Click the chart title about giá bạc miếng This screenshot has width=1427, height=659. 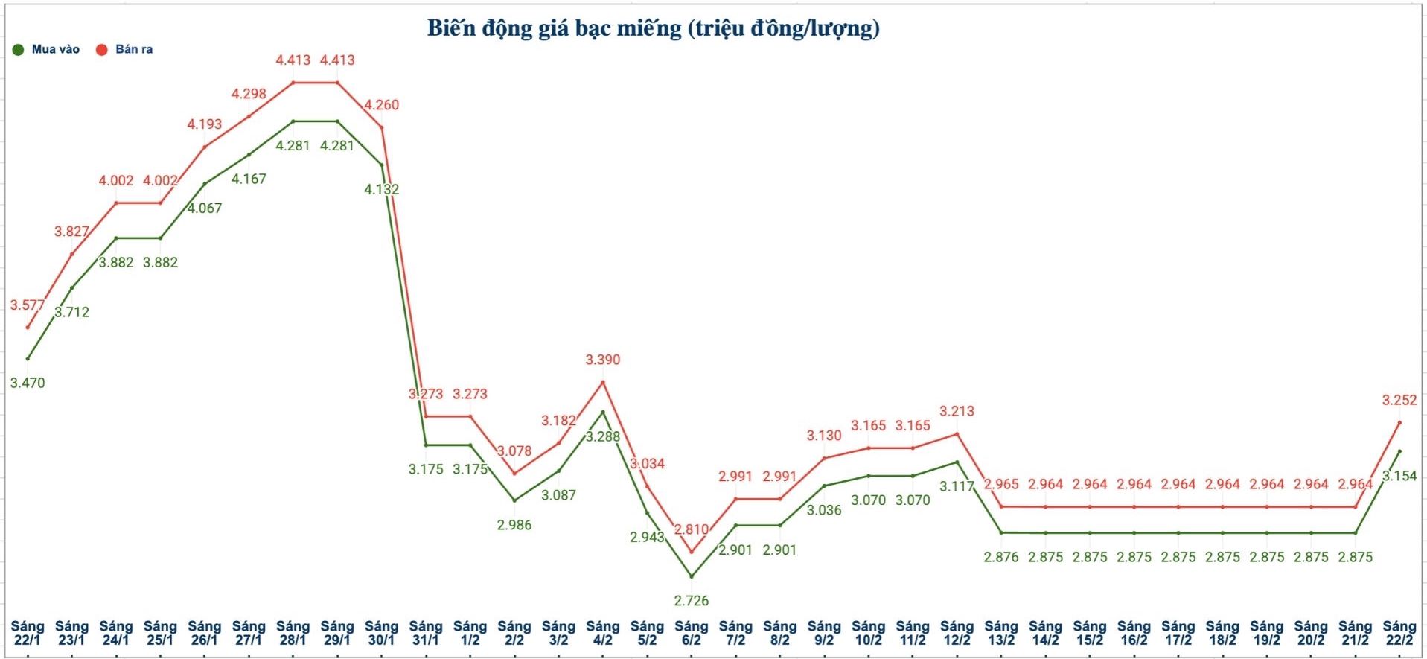pos(653,28)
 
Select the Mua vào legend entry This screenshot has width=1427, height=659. pos(46,50)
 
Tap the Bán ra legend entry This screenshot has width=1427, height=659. pos(125,50)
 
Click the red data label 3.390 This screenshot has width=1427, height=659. pos(602,360)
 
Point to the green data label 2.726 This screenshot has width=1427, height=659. pos(691,601)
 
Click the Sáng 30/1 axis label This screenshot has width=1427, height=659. pos(381,633)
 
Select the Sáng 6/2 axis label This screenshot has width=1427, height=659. pos(691,633)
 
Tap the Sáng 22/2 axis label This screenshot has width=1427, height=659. pos(1399,633)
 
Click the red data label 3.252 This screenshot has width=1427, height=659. pos(1399,400)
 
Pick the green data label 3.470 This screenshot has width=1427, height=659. pos(28,383)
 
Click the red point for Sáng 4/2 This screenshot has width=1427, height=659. pos(602,382)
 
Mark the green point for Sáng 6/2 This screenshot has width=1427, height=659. pos(691,576)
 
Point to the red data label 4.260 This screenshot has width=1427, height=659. pos(381,105)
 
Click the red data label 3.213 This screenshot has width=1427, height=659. pos(957,411)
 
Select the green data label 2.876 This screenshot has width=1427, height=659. pos(1000,557)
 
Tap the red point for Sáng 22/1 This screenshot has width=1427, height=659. pos(28,327)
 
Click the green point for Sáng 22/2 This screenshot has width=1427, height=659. pos(1399,451)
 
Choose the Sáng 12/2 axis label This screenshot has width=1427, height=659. pos(957,633)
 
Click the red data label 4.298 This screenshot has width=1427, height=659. pos(249,94)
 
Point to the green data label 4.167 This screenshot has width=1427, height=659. pos(249,179)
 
